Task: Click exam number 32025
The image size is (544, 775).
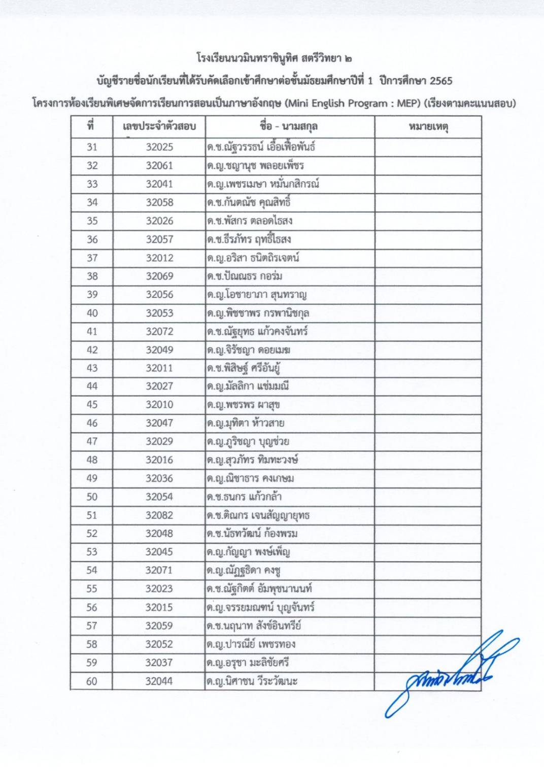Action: click(x=159, y=147)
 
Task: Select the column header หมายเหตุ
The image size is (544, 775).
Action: click(x=428, y=127)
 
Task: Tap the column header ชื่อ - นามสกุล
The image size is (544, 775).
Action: click(x=289, y=127)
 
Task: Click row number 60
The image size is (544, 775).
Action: click(x=92, y=681)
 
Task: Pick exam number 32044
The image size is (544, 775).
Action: click(x=159, y=681)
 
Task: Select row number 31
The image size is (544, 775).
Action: click(x=92, y=147)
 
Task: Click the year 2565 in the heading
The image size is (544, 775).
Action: click(x=440, y=81)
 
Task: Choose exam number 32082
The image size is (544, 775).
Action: click(x=159, y=515)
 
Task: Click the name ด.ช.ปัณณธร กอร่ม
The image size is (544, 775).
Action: click(x=245, y=276)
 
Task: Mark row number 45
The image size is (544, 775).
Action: click(x=92, y=405)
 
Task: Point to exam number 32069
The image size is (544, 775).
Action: click(x=159, y=276)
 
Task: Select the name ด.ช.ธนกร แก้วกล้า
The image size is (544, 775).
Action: click(x=244, y=497)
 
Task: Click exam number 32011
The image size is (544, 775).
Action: click(x=159, y=368)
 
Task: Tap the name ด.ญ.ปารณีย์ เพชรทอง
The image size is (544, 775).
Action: click(x=251, y=644)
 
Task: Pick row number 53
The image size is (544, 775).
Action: click(x=92, y=552)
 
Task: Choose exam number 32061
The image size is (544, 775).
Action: click(x=159, y=166)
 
